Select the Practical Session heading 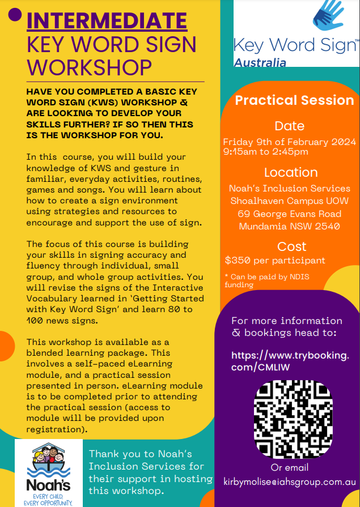click(x=294, y=100)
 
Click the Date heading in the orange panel click(x=289, y=126)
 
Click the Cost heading click(x=291, y=246)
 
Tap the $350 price click(x=239, y=261)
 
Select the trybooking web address click(x=290, y=361)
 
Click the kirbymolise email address click(x=290, y=482)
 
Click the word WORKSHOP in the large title click(x=90, y=67)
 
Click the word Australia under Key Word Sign click(x=260, y=62)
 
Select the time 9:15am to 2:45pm click(x=265, y=152)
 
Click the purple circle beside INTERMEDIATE click(x=16, y=15)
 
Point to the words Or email click(x=290, y=467)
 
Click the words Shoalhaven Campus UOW click(x=289, y=201)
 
